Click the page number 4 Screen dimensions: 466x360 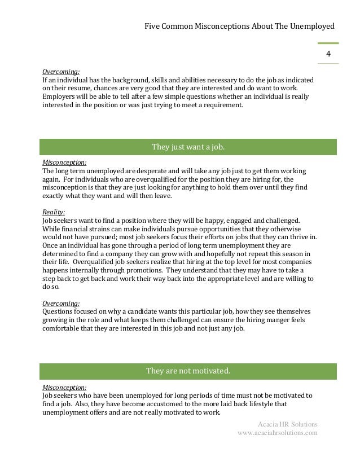coord(328,54)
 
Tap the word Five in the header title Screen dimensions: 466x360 coord(153,26)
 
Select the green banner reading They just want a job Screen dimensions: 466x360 coord(188,147)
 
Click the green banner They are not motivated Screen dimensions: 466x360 coord(188,371)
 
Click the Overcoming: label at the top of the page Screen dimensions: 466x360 coord(61,72)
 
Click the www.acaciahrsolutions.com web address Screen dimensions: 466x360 coord(278,433)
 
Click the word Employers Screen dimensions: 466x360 coord(60,97)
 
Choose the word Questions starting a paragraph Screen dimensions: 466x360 coord(60,311)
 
